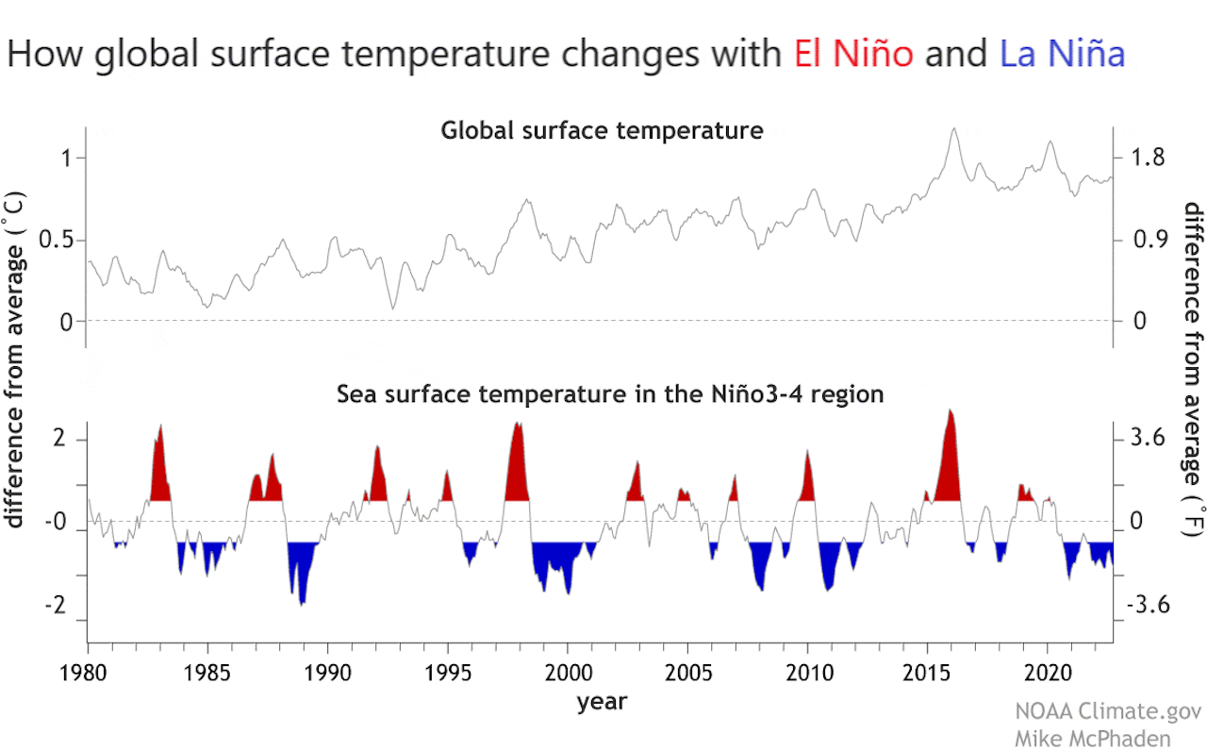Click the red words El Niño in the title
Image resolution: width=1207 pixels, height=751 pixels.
pos(853,54)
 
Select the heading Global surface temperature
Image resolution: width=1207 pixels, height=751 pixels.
pos(602,131)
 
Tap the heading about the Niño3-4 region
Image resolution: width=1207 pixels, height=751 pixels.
pos(610,394)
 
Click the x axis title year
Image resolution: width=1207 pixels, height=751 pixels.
pos(602,702)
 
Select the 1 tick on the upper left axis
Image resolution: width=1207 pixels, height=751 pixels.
pos(66,159)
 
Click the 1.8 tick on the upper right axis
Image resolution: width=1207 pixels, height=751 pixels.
pos(1149,159)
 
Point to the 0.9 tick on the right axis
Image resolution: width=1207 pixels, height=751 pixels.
pos(1149,241)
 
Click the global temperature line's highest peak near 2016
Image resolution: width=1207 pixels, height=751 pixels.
pos(954,130)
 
